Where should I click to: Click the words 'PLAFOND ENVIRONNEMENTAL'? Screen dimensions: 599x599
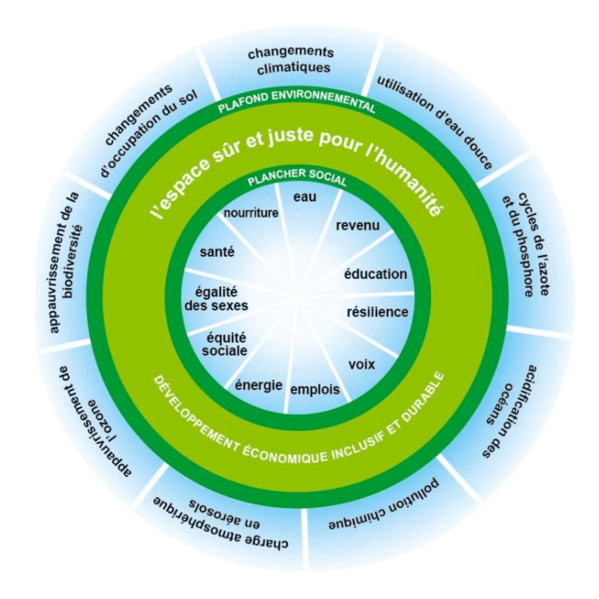point(297,100)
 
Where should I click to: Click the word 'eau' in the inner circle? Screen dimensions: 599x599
point(305,197)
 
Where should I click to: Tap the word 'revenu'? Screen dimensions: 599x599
point(357,226)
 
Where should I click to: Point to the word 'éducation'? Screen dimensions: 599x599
point(376,274)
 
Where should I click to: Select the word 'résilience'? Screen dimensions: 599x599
point(377,312)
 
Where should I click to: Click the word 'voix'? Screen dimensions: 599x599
point(361,364)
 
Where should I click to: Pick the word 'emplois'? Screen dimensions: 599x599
point(315,389)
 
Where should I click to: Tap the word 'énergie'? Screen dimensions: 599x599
point(259,385)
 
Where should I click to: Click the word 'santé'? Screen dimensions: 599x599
point(217,252)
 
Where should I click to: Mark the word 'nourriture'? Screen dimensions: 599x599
point(251,213)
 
